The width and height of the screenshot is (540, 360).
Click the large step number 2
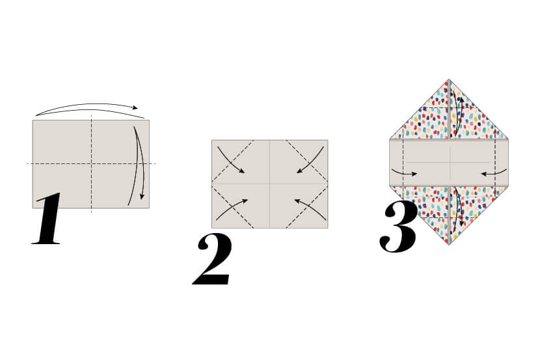(x=213, y=260)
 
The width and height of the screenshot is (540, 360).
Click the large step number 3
(x=398, y=227)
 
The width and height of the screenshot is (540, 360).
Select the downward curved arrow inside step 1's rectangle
(x=139, y=163)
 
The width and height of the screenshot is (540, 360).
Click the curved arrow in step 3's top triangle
(x=459, y=114)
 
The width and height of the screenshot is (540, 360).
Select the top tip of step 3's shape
(x=449, y=81)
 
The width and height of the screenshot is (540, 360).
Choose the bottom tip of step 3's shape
(x=449, y=243)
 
